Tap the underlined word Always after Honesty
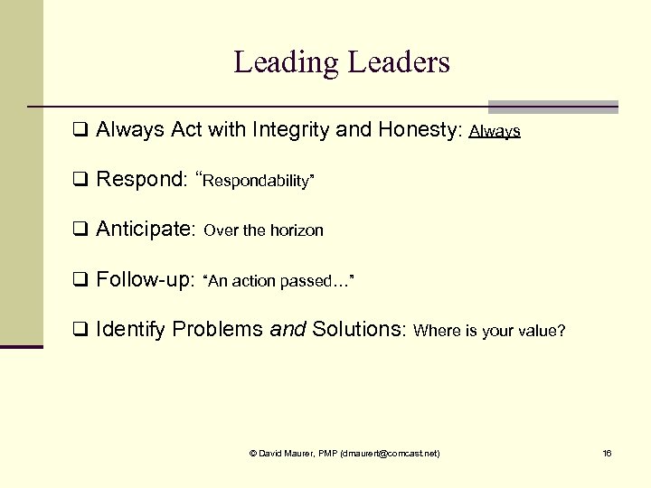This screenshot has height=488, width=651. pyautogui.click(x=495, y=132)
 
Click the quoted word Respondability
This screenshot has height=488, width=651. pyautogui.click(x=258, y=182)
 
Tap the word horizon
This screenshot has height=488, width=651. pyautogui.click(x=296, y=231)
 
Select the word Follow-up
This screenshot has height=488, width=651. pyautogui.click(x=145, y=280)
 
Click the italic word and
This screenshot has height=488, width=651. pyautogui.click(x=288, y=330)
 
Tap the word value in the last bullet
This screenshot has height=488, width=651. pyautogui.click(x=539, y=331)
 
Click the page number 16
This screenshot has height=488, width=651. pyautogui.click(x=607, y=453)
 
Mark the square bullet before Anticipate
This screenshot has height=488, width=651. pyautogui.click(x=80, y=230)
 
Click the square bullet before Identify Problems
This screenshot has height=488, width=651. pyautogui.click(x=80, y=330)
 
